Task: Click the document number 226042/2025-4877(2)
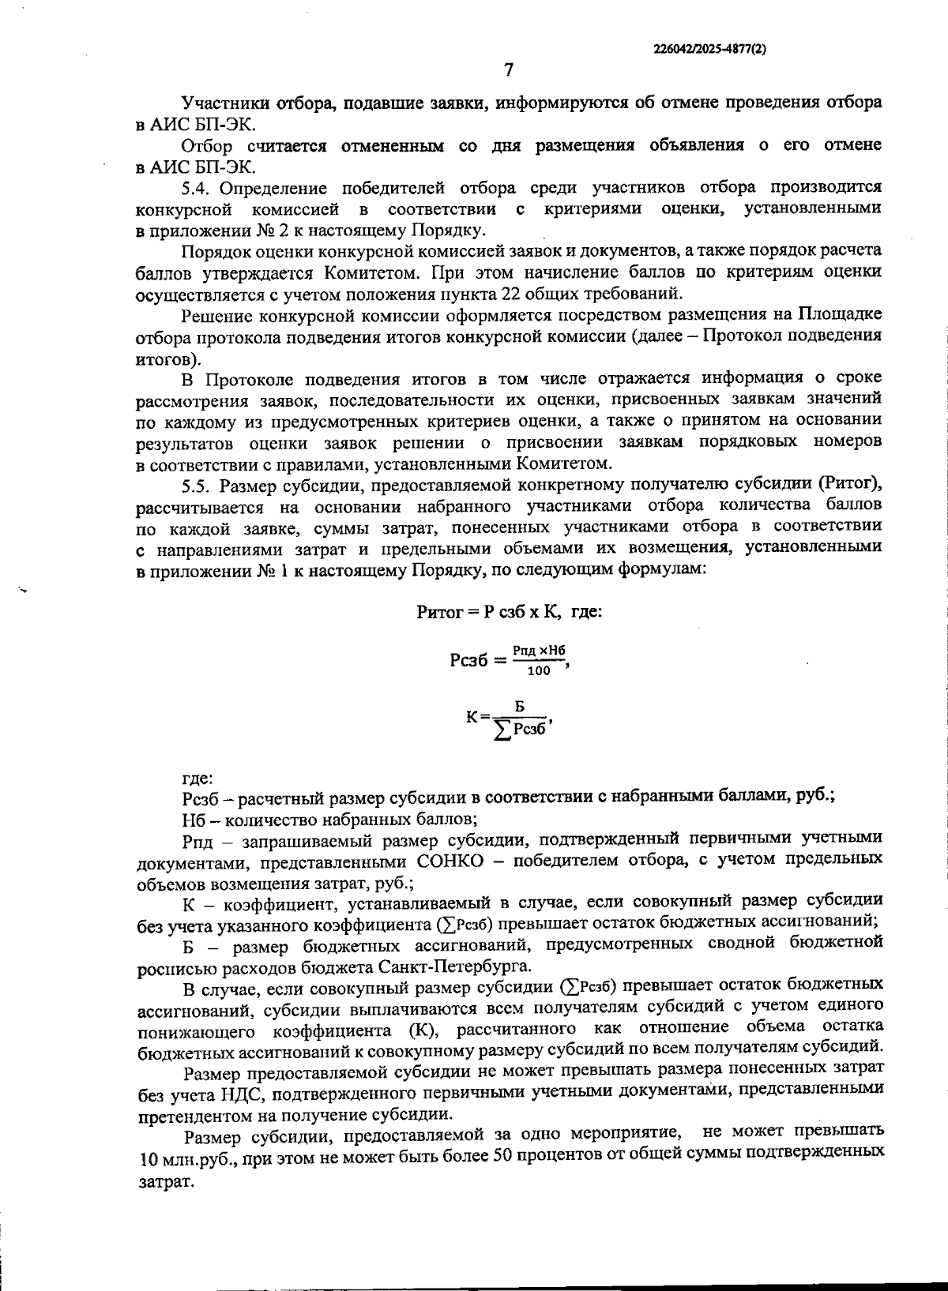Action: click(709, 47)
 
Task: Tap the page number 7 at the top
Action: click(508, 69)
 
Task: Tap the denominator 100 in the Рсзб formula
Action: click(539, 671)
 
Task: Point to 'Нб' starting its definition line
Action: click(192, 817)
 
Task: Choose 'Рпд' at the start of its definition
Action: click(196, 839)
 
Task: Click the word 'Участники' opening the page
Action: click(222, 103)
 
